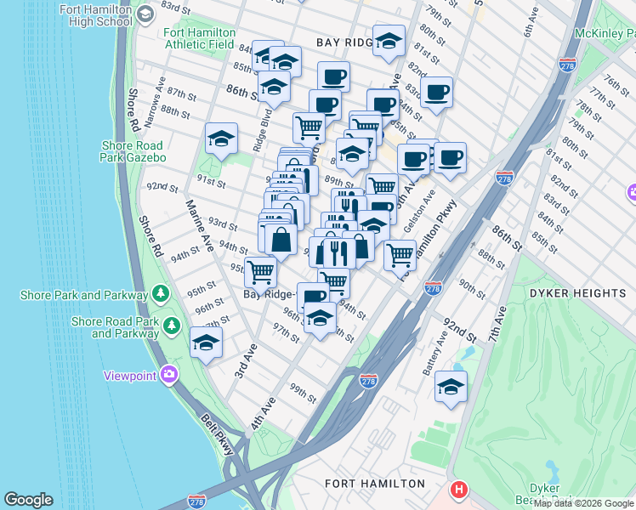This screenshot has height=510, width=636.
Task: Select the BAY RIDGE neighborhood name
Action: [345, 42]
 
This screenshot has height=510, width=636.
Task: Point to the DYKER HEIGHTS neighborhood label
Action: [577, 293]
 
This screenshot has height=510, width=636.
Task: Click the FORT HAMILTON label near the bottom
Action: [375, 484]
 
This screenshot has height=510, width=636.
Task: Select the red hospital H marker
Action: [460, 490]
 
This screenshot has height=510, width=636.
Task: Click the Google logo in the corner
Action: [28, 500]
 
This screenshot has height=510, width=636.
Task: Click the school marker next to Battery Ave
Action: [451, 388]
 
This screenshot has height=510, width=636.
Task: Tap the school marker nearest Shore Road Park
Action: [206, 343]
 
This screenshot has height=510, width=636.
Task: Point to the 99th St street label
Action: [302, 394]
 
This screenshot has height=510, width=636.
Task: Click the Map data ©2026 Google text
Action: [584, 504]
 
